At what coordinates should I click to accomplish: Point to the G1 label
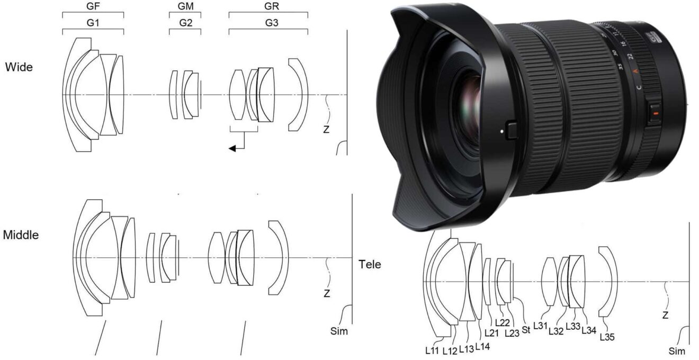pos(93,23)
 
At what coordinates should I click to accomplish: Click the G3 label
pos(268,23)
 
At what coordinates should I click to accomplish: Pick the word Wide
pos(19,67)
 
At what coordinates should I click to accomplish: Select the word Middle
pos(21,235)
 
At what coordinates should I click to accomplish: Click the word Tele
pos(370,264)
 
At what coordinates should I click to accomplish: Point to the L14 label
pos(482,347)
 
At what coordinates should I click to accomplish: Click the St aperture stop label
pos(526,330)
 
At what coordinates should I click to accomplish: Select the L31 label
pos(540,326)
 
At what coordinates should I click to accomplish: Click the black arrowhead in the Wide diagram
pos(232,149)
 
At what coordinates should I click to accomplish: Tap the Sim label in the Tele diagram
pos(677,351)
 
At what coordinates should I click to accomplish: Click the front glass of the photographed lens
pos(469,95)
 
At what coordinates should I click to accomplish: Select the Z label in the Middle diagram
pos(326,293)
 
